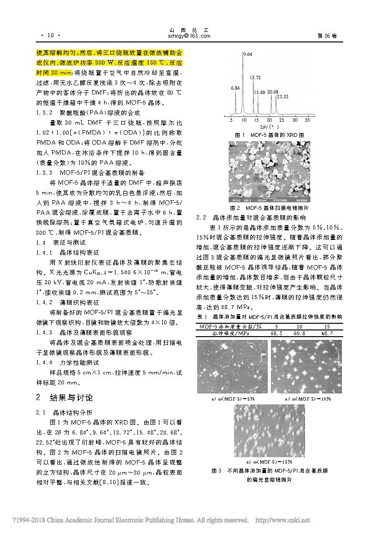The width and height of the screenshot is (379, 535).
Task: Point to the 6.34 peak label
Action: coord(235,88)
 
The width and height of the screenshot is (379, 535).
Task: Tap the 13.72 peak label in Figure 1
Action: coord(255,77)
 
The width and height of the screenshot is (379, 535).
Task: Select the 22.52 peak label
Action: coord(283,97)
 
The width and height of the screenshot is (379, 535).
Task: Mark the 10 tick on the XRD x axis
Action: coord(244,121)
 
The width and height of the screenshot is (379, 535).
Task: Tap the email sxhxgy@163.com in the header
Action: coord(189,36)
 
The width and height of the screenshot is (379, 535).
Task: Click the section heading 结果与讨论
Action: coord(71,397)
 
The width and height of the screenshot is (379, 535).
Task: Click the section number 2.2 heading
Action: coord(201,217)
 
